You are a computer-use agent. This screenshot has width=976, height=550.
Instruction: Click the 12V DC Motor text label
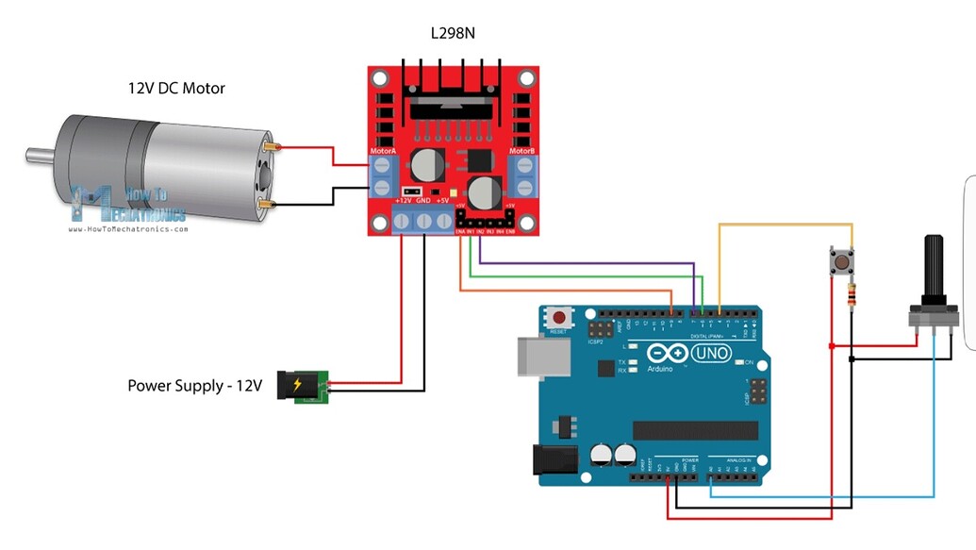[x=176, y=89]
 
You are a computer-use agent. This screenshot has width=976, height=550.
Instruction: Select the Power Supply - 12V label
[x=194, y=386]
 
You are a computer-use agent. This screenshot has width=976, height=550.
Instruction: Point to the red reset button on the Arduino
[x=561, y=319]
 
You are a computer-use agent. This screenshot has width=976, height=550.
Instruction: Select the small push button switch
[x=835, y=261]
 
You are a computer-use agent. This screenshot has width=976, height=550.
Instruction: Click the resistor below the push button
[x=852, y=294]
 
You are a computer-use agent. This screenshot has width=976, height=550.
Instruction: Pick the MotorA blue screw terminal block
[x=383, y=176]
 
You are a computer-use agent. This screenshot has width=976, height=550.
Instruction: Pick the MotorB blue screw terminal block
[x=523, y=176]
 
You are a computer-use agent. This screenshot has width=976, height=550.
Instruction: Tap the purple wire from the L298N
[x=585, y=262]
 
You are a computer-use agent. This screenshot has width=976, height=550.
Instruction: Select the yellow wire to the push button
[x=783, y=225]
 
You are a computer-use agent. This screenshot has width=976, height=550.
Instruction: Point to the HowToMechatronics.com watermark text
[x=128, y=228]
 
